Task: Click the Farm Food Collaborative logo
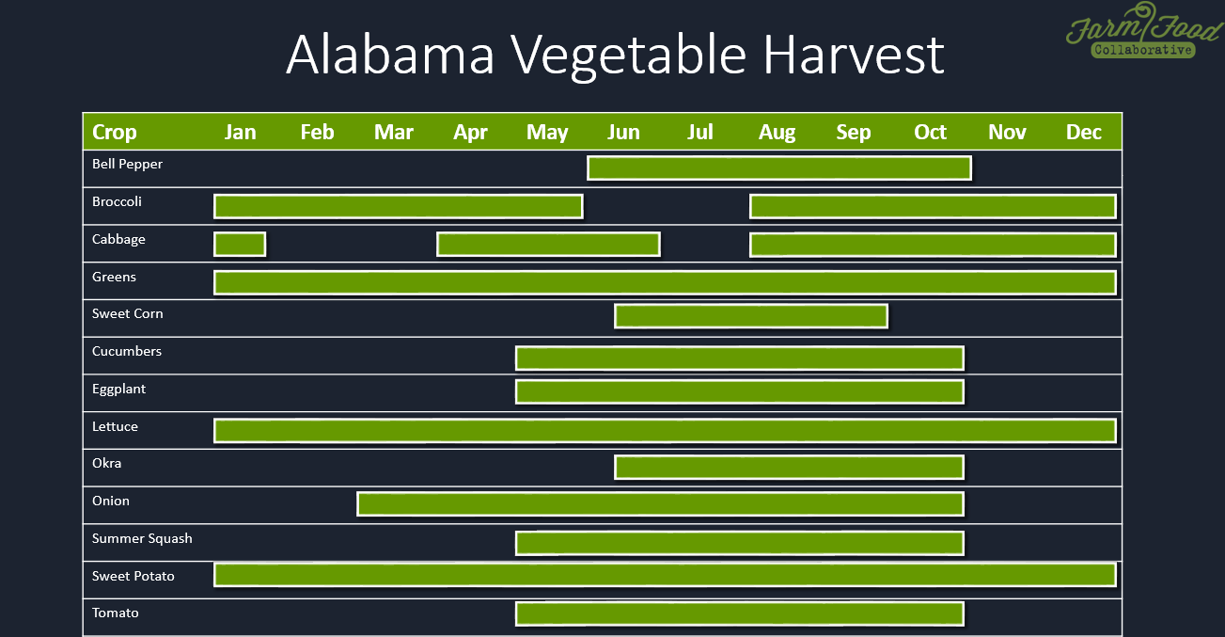click(1144, 31)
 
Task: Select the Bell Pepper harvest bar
click(779, 168)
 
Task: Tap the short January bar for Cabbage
click(240, 244)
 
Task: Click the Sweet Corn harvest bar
click(751, 316)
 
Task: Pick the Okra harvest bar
click(789, 468)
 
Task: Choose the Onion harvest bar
click(661, 504)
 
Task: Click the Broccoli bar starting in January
click(399, 206)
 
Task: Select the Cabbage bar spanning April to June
click(548, 244)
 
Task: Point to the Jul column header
click(700, 132)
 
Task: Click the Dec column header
click(1083, 132)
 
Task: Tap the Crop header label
click(115, 132)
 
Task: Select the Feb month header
click(317, 132)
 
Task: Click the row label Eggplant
click(118, 390)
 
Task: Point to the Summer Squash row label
click(142, 538)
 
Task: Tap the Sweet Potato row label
click(133, 576)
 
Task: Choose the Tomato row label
click(115, 613)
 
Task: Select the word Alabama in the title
click(390, 55)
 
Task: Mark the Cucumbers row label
click(127, 351)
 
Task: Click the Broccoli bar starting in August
click(933, 206)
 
